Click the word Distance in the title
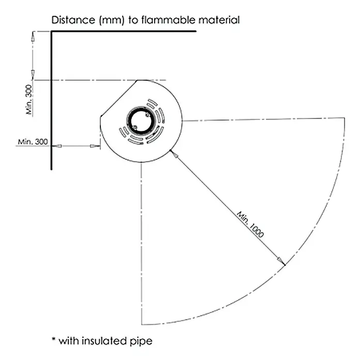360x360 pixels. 73,20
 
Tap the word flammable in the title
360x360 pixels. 168,20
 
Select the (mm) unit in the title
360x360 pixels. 112,20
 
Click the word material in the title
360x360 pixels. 219,20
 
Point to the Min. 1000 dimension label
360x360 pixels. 250,224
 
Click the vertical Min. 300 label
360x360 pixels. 29,99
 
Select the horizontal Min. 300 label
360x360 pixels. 33,142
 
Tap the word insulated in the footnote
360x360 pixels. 104,341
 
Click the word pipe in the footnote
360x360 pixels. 141,341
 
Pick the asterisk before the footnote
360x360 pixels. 54,339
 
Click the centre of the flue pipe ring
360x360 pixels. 141,121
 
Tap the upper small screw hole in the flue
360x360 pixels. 147,114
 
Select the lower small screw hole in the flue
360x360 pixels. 135,127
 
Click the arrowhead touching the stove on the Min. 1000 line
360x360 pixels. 174,155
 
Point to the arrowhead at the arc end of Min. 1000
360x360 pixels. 281,261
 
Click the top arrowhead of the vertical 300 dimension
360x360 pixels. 33,36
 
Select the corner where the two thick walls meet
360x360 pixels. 51,31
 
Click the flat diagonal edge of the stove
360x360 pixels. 119,98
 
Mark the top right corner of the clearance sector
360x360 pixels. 344,118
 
